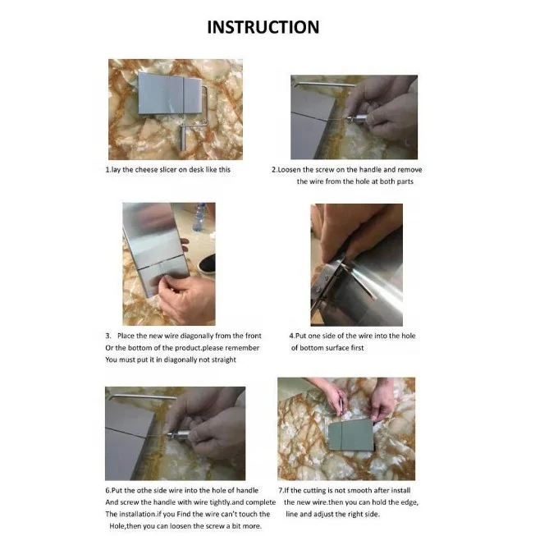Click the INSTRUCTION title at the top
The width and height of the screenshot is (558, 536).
[x=263, y=27]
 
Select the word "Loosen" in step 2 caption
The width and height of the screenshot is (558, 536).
[x=290, y=170]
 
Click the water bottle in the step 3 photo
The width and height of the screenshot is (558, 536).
[x=199, y=217]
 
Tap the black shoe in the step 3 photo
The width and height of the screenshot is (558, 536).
[x=207, y=263]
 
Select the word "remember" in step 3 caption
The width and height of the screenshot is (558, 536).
[x=242, y=348]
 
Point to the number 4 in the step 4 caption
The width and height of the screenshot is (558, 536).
[x=291, y=336]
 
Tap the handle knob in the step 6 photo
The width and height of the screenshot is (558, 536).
[x=181, y=435]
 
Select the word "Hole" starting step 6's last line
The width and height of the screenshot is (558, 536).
[x=117, y=526]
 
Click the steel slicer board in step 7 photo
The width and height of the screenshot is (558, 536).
[x=350, y=435]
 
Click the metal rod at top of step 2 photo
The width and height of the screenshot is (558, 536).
[x=325, y=85]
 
